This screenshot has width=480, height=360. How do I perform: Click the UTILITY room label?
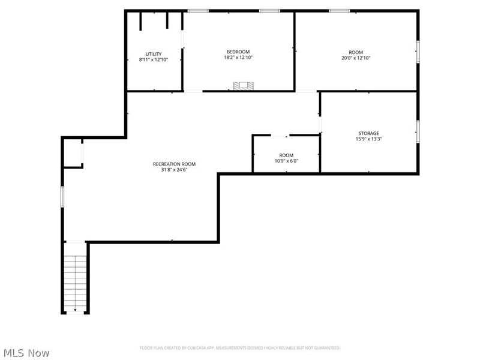(154, 54)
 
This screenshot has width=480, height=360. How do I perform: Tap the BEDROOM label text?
(238, 52)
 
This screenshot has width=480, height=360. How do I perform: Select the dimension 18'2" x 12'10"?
(238, 58)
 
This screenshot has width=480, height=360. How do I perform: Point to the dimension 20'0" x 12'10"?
(356, 58)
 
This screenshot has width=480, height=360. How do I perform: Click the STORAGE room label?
(368, 133)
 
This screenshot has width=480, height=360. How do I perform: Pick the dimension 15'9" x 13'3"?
(368, 139)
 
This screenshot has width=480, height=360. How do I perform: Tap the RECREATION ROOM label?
(174, 164)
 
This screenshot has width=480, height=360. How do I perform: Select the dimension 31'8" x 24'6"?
(174, 170)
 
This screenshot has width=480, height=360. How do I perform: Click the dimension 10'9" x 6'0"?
(286, 161)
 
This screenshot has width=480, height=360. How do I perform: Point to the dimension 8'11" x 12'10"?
(154, 60)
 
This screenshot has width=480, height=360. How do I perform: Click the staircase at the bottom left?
(76, 279)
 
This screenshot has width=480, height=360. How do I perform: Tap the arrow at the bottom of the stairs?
(76, 310)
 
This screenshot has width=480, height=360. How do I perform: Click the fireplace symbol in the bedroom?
(242, 86)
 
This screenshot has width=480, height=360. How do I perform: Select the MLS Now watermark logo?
(26, 353)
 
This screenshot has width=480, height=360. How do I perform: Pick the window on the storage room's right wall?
(418, 131)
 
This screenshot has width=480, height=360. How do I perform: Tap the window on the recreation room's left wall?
(62, 196)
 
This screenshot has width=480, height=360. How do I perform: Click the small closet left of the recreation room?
(73, 154)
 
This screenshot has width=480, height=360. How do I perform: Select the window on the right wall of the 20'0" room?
(418, 51)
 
